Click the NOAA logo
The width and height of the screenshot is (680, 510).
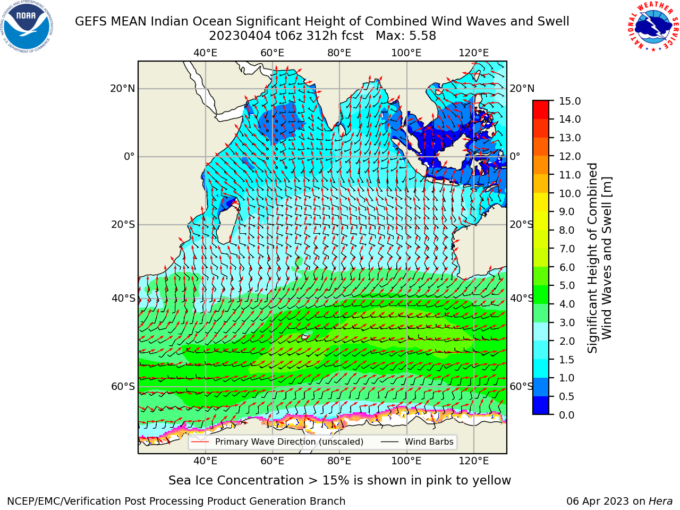pos(27,27)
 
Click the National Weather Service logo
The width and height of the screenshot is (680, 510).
pos(652,26)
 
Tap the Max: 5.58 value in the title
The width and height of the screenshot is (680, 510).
pos(405,36)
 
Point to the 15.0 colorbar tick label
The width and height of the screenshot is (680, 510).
pos(569,101)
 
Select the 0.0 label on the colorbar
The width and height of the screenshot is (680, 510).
pos(566,415)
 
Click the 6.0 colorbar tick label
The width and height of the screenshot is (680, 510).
pos(567,267)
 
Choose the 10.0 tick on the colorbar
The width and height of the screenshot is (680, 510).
pos(569,193)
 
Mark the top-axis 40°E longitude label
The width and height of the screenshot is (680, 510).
pos(205,53)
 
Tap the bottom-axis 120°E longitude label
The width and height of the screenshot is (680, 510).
pos(473,461)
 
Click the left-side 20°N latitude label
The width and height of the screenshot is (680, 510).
pos(123,89)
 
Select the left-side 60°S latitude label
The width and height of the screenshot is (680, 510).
pos(123,387)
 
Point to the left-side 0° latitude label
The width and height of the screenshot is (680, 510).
pos(129,156)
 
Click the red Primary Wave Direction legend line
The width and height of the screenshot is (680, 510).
pos(200,442)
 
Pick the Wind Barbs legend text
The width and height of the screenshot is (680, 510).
pos(429,442)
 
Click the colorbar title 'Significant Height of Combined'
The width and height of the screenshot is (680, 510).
pos(592,258)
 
